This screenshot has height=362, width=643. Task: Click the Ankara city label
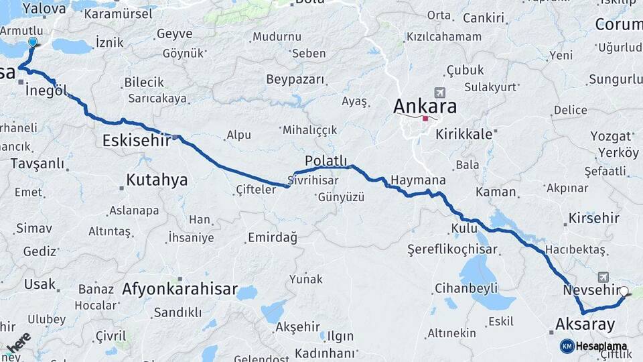tap(425, 106)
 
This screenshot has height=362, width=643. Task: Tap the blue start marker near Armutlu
tap(33, 42)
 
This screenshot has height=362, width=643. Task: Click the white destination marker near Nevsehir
tap(624, 292)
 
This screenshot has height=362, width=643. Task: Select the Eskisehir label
tap(137, 140)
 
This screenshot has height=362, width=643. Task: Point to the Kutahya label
tap(157, 180)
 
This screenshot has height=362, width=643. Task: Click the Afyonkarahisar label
tap(180, 290)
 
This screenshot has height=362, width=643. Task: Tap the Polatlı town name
tap(326, 161)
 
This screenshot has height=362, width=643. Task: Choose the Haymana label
tap(418, 180)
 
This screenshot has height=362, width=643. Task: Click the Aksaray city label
tap(585, 324)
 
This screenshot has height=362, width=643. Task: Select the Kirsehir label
tap(595, 219)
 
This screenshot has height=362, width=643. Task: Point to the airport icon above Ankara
tap(439, 93)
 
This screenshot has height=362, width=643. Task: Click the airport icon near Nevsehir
tap(603, 277)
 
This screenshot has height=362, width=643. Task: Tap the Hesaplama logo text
tap(601, 346)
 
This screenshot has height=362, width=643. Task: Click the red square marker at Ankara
tap(425, 119)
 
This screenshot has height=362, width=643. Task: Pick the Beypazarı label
tap(295, 80)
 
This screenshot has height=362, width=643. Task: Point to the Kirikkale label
tap(463, 134)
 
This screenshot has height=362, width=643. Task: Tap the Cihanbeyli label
tap(466, 288)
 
